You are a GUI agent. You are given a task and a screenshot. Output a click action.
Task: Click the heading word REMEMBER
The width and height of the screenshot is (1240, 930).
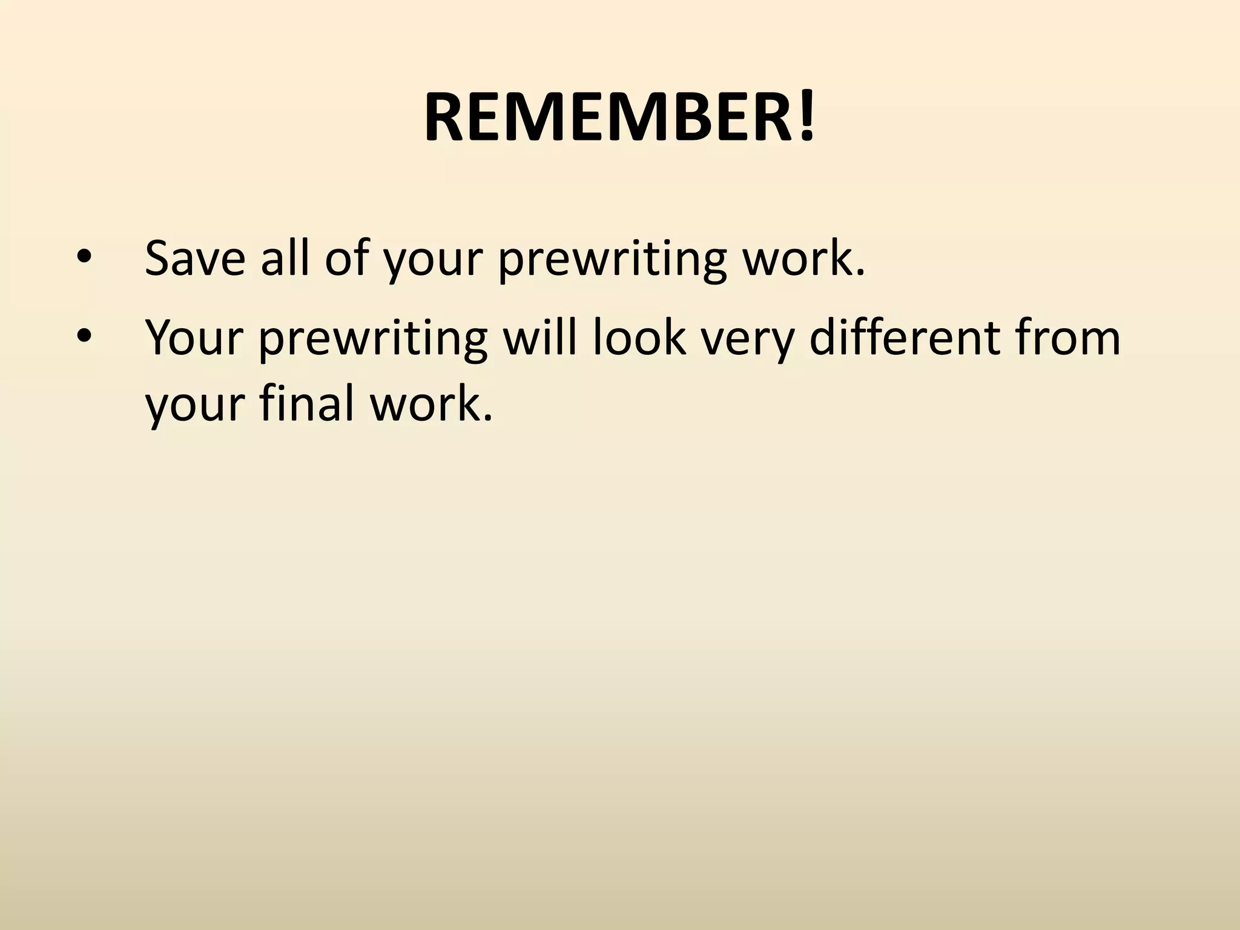(609, 118)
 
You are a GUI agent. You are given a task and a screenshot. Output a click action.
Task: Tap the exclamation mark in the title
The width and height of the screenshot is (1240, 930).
(806, 118)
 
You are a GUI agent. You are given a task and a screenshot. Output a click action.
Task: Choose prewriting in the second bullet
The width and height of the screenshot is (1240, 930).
(373, 342)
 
